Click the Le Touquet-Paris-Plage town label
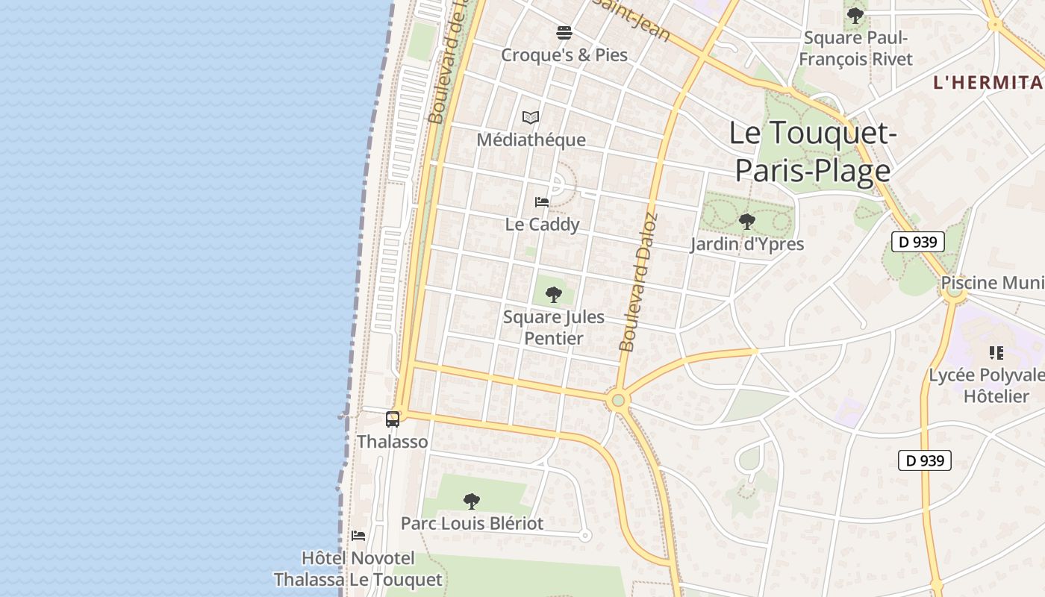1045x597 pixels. pos(812,152)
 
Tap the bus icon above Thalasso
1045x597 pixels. pos(393,419)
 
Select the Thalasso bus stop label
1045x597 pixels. pos(393,442)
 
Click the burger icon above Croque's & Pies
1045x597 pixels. pos(564,33)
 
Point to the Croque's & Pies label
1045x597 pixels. pos(564,55)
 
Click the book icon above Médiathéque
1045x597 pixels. pos(531,117)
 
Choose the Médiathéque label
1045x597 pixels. pos(531,140)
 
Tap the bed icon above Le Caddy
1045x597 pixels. pos(542,202)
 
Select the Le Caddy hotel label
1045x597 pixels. pos(542,225)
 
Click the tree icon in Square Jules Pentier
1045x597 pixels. pos(553,294)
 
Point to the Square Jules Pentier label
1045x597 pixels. pos(553,328)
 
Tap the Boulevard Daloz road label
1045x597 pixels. pos(639,284)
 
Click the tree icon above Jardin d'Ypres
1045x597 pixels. pos(746,222)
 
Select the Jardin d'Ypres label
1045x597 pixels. pos(746,244)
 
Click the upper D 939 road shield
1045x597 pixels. pos(918,242)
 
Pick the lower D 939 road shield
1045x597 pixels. pos(925,460)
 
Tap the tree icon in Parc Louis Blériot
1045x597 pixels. pos(471,501)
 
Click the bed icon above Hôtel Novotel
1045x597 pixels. pos(358,536)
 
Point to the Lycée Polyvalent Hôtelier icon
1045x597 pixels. pos(996,352)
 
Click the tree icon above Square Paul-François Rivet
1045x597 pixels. pos(855,15)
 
